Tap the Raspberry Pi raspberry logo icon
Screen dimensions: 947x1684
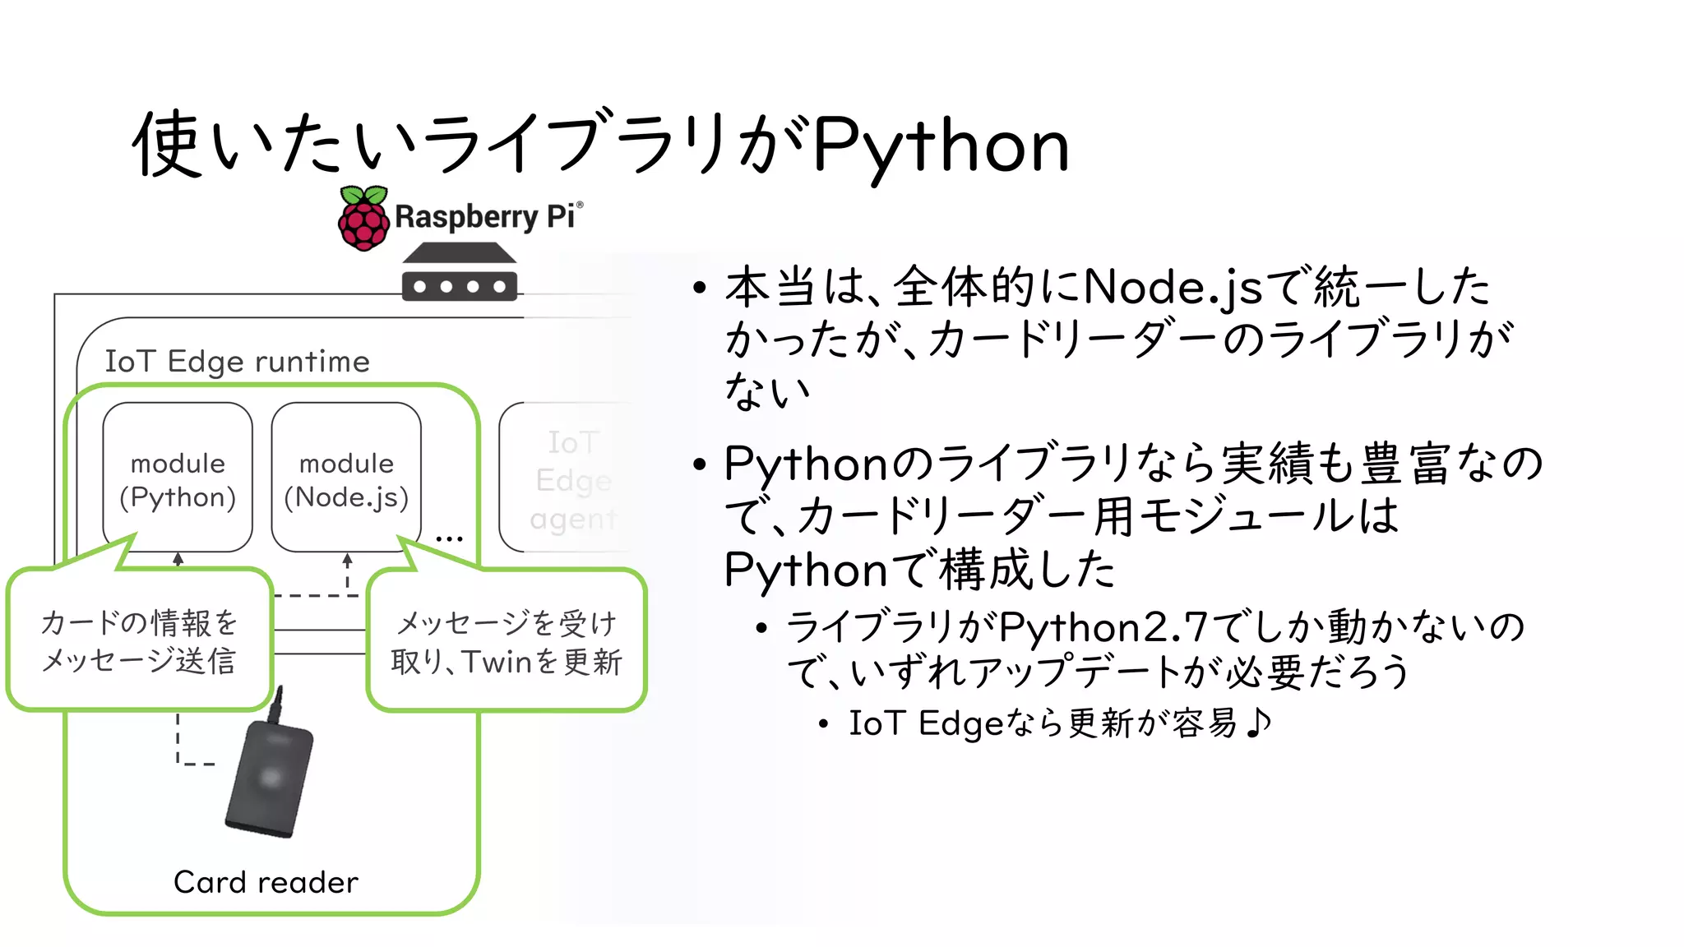coord(363,219)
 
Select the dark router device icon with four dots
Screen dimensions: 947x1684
coord(460,272)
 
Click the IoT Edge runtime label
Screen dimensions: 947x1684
coord(237,362)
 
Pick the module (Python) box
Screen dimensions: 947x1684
coord(178,477)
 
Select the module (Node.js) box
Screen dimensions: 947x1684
coord(346,477)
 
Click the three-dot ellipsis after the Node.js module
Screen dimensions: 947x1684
coord(449,539)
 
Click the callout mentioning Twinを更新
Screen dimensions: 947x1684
coord(507,642)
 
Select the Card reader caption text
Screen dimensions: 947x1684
coord(266,882)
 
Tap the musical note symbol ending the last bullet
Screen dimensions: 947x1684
coord(1257,723)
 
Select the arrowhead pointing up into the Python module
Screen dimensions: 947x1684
coord(178,559)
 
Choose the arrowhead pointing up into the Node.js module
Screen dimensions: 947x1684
coord(347,559)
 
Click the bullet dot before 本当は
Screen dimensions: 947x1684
coord(700,289)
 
